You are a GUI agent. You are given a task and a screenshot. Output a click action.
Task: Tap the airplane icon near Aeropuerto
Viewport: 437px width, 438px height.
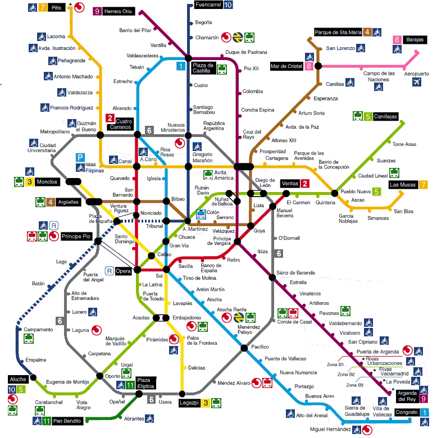click(416, 83)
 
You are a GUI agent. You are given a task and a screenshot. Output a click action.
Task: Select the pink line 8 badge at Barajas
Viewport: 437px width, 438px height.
click(397, 39)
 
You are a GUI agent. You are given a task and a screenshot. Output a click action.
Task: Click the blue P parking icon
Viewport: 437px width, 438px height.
click(80, 158)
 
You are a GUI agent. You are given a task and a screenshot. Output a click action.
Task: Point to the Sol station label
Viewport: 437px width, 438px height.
click(159, 276)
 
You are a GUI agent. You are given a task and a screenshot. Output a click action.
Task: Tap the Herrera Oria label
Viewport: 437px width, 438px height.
click(119, 11)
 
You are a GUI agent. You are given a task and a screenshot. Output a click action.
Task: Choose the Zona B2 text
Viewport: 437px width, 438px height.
click(346, 374)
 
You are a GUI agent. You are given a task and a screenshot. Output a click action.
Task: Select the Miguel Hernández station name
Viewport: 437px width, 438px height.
click(330, 430)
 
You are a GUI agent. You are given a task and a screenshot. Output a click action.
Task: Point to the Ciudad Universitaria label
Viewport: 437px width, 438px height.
click(41, 148)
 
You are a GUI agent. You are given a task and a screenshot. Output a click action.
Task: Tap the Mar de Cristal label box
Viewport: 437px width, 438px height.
click(287, 66)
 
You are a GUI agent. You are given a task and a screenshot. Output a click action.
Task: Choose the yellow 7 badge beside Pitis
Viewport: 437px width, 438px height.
click(43, 8)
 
